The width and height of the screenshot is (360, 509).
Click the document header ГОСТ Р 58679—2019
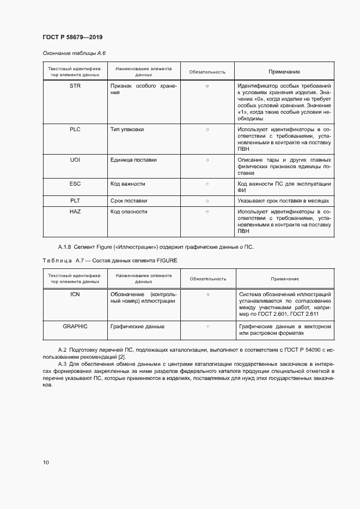coord(72,37)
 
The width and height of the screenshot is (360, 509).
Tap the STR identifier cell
coord(75,86)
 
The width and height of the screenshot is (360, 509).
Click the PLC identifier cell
coord(75,129)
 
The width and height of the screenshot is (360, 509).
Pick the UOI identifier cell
coord(75,160)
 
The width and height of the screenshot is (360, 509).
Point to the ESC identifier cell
coord(75,184)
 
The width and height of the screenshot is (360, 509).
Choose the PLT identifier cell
coord(75,201)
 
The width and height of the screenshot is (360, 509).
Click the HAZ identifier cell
coord(75,211)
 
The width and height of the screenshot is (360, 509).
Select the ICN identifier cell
coord(75,294)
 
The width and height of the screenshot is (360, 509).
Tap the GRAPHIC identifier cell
coord(75,326)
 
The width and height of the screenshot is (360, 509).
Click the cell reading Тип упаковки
coord(127,129)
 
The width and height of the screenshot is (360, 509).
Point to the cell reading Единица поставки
coord(133,160)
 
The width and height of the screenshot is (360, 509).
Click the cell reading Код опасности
coord(129,211)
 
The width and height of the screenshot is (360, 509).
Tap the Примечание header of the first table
coord(284,72)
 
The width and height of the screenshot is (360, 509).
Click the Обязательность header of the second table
coord(208,279)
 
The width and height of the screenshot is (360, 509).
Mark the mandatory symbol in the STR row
coord(208,87)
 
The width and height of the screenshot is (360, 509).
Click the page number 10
coord(46,462)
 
